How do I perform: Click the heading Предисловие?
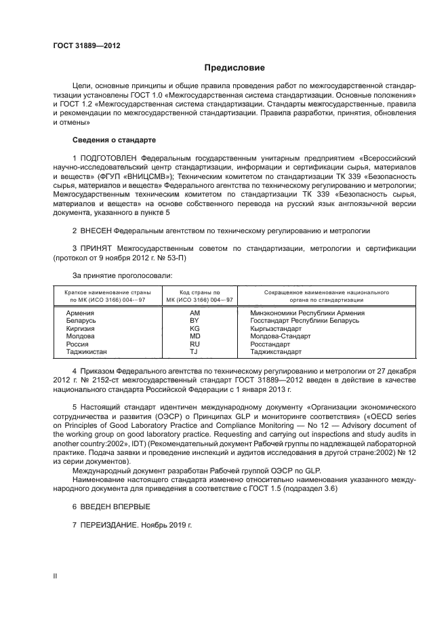235,68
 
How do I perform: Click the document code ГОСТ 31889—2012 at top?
87,46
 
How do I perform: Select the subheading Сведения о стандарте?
114,140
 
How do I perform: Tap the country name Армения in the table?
80,313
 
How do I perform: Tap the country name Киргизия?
80,328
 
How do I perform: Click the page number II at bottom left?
56,576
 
